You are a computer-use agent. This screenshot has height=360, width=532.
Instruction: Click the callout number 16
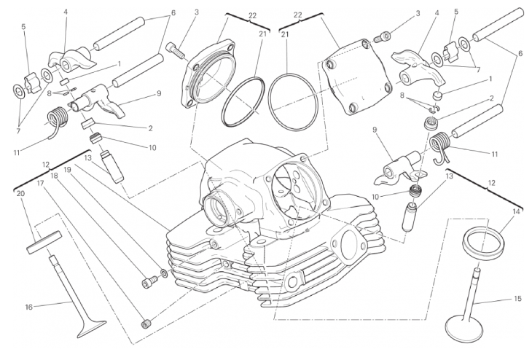click(29, 307)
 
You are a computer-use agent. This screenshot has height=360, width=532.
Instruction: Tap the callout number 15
click(517, 299)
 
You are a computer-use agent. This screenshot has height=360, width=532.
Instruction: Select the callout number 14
click(516, 211)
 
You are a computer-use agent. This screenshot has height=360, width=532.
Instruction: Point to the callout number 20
click(20, 193)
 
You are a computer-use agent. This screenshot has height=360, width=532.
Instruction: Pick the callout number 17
click(40, 184)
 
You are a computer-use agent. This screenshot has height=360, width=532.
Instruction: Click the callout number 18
click(54, 176)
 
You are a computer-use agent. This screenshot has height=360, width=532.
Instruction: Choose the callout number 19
click(67, 169)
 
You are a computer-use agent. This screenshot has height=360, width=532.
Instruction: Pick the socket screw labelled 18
click(149, 281)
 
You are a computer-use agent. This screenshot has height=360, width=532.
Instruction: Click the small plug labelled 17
click(146, 324)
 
